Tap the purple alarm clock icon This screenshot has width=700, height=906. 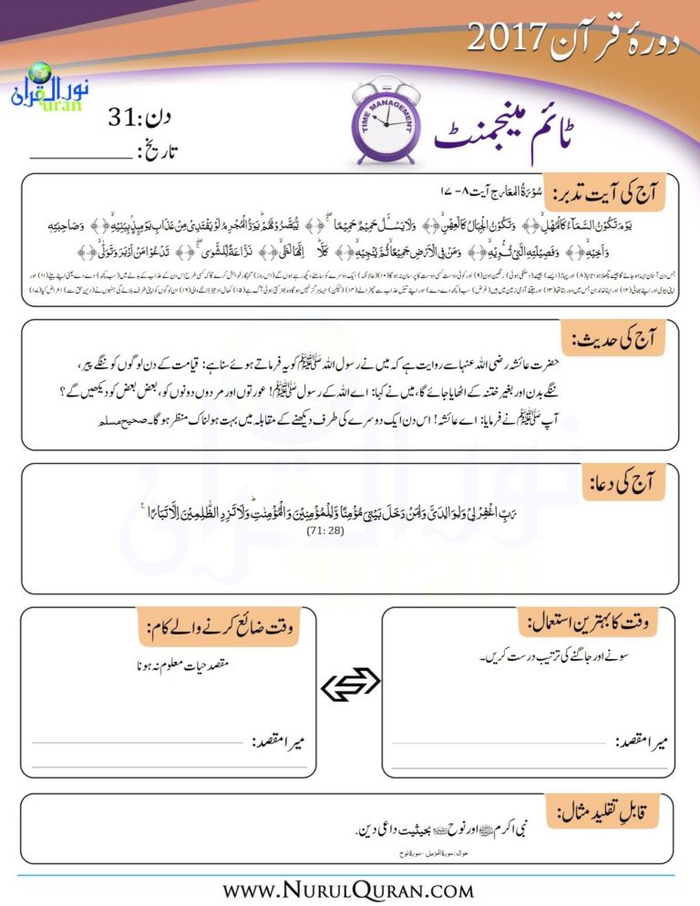387,120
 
